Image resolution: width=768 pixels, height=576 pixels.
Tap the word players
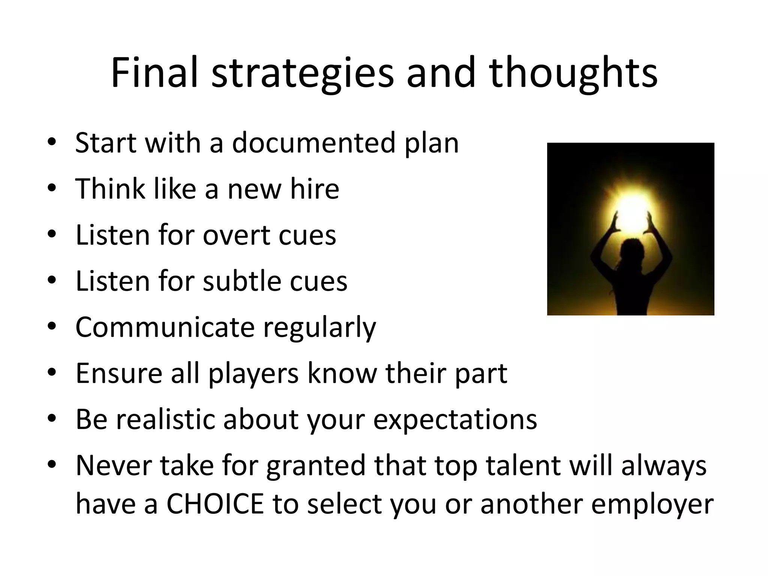(x=253, y=373)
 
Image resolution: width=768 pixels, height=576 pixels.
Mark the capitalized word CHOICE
(x=215, y=504)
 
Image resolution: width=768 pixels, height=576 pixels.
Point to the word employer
(x=652, y=504)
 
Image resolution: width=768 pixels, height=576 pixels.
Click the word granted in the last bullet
(x=315, y=465)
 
